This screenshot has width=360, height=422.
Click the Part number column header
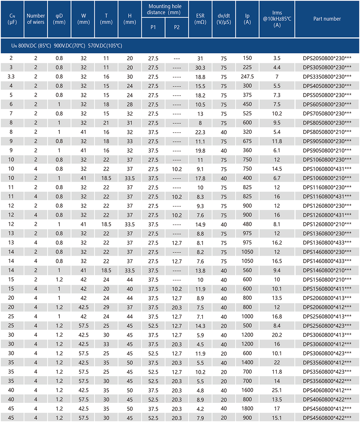point(327,19)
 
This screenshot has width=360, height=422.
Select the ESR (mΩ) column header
point(200,19)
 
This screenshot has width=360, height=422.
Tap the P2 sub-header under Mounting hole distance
point(177,28)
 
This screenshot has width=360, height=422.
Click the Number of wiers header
point(36,19)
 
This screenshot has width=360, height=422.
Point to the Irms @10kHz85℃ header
point(277,19)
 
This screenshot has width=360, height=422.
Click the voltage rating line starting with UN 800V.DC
point(67,46)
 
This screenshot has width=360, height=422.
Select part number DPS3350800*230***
point(327,76)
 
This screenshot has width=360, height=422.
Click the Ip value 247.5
point(247,76)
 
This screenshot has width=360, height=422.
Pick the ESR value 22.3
point(200,132)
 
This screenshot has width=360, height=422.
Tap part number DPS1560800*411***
point(327,289)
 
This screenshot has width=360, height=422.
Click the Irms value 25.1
point(277,390)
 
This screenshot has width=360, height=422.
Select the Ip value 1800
point(247,408)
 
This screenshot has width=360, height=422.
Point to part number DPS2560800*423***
point(327,326)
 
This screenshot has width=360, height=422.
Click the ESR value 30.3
point(200,68)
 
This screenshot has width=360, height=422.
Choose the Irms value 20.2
point(277,335)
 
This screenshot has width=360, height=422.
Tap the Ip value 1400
point(247,363)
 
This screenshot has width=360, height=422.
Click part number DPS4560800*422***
point(327,418)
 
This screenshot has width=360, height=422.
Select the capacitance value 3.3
point(11,76)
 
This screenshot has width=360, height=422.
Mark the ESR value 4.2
point(200,409)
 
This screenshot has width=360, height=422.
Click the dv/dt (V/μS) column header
point(224,19)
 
